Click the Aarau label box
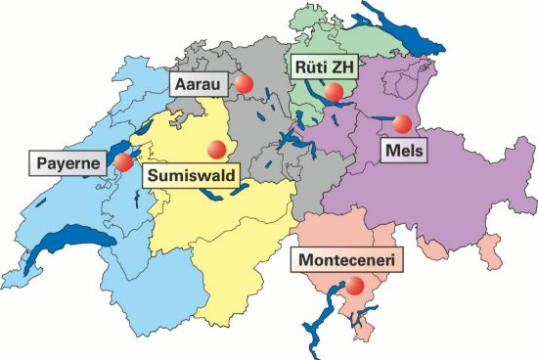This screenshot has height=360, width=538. point(199,84)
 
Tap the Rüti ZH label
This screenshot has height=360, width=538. point(324,67)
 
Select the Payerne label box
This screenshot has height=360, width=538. point(67,162)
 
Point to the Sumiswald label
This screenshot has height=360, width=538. point(190,176)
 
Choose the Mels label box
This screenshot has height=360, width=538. point(399,154)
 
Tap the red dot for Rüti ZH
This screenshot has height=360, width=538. point(334,91)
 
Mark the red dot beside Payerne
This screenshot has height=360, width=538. point(121,162)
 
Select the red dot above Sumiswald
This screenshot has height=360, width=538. point(216,149)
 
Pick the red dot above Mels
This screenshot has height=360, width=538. point(401,124)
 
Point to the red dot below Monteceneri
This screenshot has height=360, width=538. point(354,286)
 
